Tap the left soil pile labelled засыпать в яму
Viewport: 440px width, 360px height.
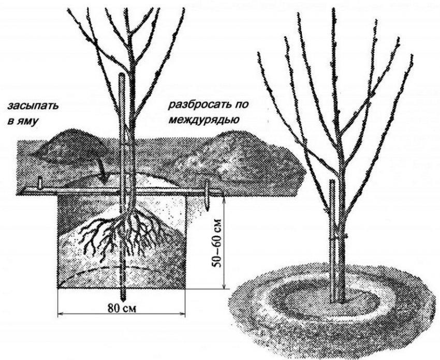(x=70, y=148)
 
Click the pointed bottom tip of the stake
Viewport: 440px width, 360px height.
(x=123, y=298)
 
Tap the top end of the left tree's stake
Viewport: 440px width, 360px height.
(x=122, y=76)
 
